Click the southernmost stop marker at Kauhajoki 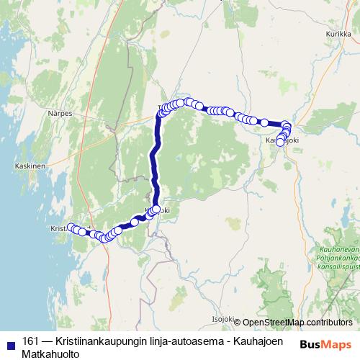point(281,143)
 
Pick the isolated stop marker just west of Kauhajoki point(264,122)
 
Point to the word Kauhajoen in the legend point(257,341)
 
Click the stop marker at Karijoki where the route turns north point(156,209)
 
